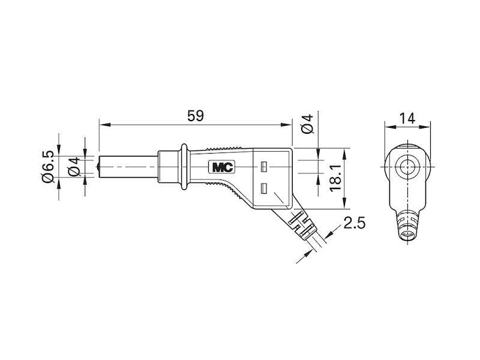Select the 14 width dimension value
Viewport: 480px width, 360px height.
[407, 118]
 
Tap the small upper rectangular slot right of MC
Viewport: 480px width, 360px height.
[263, 165]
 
